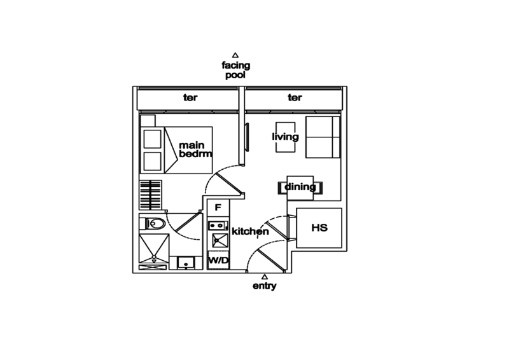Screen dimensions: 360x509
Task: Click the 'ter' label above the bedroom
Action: pos(188,98)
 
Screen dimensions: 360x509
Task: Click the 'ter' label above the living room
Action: pos(294,98)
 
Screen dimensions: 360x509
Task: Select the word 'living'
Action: pos(285,137)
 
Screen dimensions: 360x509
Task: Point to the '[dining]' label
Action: pos(299,188)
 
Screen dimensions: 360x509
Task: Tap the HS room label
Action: pos(319,228)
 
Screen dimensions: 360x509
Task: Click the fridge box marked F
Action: pos(218,209)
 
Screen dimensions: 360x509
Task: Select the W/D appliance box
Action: pos(218,260)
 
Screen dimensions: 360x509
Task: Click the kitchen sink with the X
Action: pos(218,240)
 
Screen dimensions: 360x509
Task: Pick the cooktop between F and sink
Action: pos(218,225)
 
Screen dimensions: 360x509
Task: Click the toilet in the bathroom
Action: pos(156,223)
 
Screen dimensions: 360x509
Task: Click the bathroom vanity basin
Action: pos(185,263)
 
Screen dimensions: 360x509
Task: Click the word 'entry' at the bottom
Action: pos(264,287)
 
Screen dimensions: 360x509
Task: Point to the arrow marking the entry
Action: pos(264,277)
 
